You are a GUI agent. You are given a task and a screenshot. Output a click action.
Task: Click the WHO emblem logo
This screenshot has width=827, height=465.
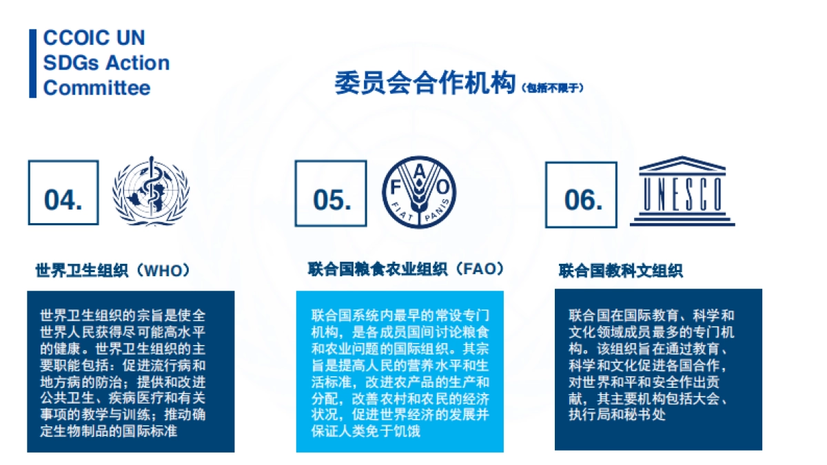pyautogui.click(x=151, y=192)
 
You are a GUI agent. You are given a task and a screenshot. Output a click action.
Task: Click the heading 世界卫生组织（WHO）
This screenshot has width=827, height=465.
pyautogui.click(x=112, y=271)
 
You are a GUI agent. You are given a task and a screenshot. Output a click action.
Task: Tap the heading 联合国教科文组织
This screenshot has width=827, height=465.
pyautogui.click(x=620, y=271)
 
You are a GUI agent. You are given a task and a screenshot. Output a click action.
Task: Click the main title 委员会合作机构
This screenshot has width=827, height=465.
pyautogui.click(x=425, y=83)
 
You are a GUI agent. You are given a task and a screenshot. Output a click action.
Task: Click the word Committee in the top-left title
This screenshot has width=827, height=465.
pyautogui.click(x=96, y=88)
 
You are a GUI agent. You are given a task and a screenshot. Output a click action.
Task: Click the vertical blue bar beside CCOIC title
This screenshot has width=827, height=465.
pyautogui.click(x=32, y=63)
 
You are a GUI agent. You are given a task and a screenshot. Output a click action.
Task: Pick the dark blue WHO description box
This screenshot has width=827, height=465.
pyautogui.click(x=130, y=371)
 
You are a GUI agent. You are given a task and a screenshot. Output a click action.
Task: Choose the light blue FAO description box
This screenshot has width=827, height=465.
pyautogui.click(x=400, y=371)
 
